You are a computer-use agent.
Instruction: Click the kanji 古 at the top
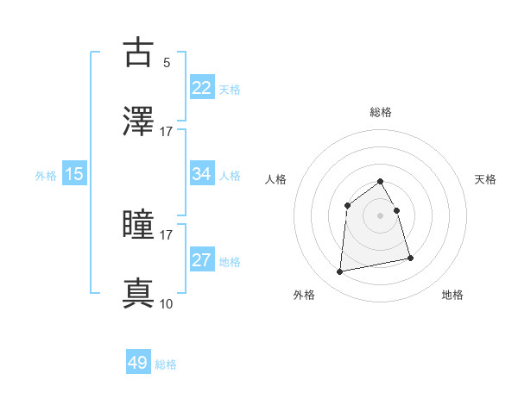(138, 53)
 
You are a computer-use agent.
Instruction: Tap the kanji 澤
(138, 122)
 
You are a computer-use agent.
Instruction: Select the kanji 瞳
(138, 226)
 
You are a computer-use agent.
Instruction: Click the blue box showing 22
(202, 88)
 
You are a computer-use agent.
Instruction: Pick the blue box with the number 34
(202, 174)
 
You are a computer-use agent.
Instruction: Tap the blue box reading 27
(202, 260)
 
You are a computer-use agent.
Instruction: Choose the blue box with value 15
(74, 174)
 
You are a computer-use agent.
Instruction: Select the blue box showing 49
(138, 363)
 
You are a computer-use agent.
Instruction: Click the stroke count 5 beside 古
(167, 62)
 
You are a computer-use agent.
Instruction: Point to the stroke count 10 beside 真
(166, 303)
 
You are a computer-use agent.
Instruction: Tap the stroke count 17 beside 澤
(166, 131)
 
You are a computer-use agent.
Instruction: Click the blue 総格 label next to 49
(167, 364)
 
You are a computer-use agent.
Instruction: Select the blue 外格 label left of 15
(46, 175)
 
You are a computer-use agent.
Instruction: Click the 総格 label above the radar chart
(381, 112)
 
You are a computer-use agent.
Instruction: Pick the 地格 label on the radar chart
(452, 295)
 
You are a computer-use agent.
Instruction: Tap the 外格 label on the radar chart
(304, 295)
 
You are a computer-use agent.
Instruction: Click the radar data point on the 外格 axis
(340, 272)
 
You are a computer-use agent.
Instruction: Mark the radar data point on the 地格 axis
(410, 258)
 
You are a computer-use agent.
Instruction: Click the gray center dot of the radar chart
(381, 215)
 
